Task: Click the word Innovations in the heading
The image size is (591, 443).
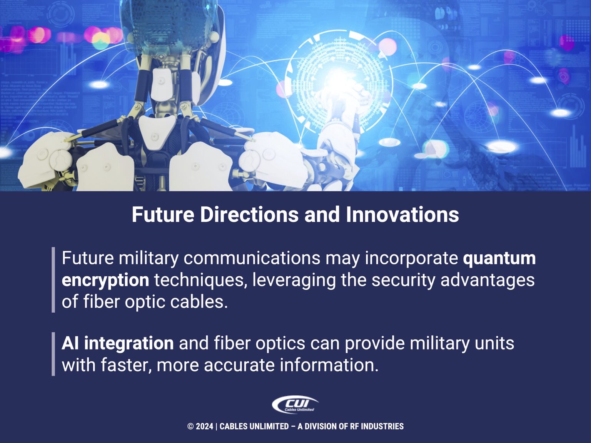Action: click(x=402, y=214)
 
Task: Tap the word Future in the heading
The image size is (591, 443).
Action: click(x=163, y=214)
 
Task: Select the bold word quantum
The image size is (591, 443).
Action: click(x=499, y=258)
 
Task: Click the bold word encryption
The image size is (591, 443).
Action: click(x=105, y=280)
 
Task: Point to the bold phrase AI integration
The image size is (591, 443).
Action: click(x=117, y=343)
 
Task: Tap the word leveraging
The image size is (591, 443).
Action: click(x=294, y=280)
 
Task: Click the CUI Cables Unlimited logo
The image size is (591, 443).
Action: click(x=295, y=405)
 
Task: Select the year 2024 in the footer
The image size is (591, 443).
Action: click(x=204, y=426)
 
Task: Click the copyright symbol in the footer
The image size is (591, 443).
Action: click(x=190, y=426)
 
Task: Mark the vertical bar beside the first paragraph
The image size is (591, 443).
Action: click(x=53, y=280)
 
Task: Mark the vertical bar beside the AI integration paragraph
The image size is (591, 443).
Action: click(x=53, y=354)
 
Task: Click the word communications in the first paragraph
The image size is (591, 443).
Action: click(x=252, y=258)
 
